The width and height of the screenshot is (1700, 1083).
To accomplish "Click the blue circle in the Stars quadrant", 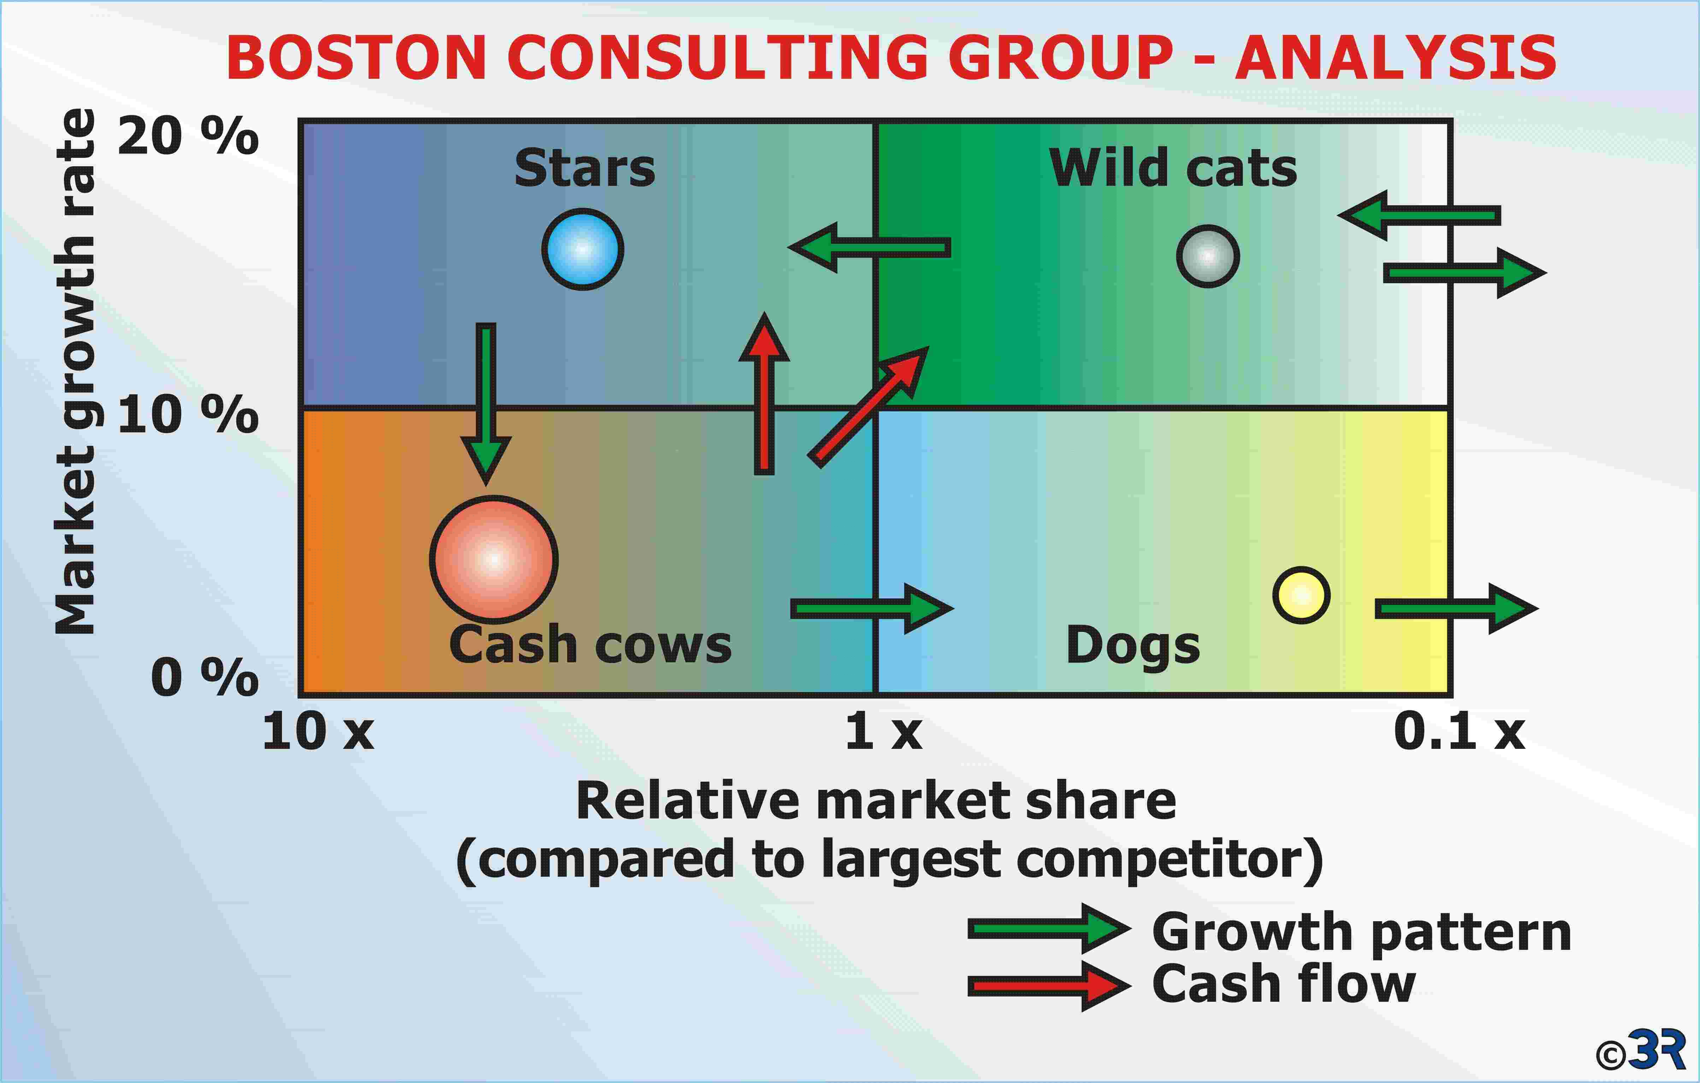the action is [582, 249].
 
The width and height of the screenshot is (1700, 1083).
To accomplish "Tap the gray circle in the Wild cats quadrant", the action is [1208, 256].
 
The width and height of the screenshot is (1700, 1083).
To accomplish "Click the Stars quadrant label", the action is [584, 168].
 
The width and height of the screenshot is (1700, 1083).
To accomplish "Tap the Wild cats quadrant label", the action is [1173, 168].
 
